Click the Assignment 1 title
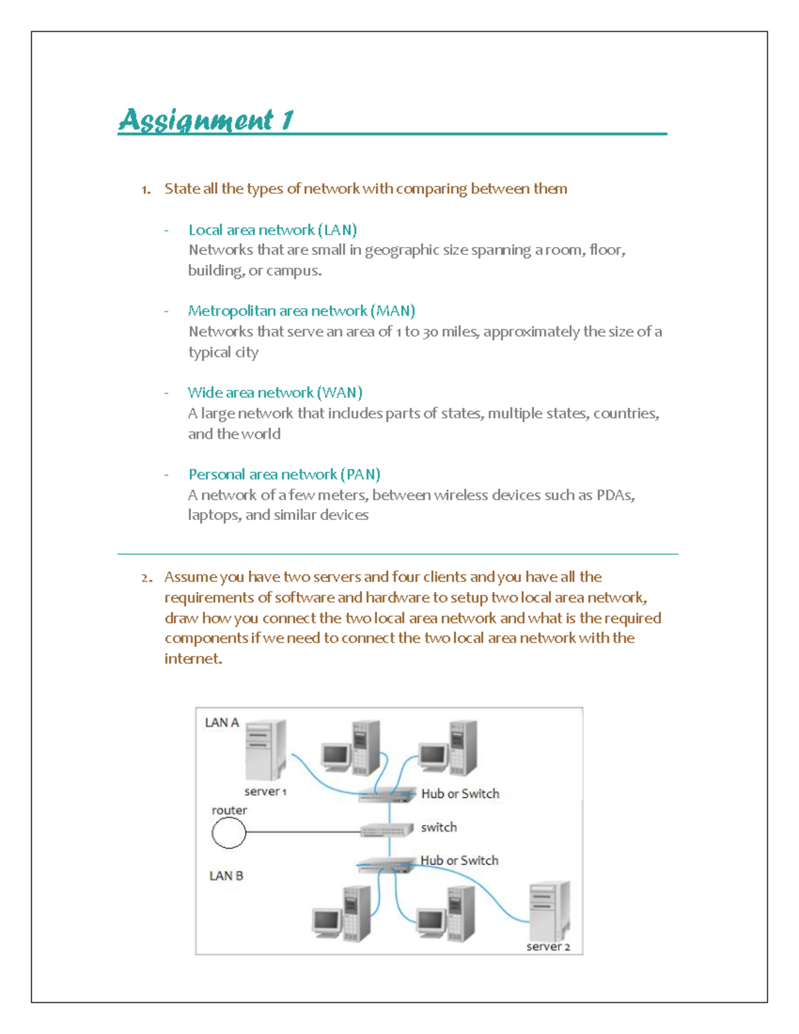(206, 120)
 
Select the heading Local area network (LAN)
(272, 230)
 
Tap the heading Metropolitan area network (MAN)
(301, 311)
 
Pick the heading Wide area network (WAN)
(274, 393)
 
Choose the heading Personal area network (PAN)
(284, 475)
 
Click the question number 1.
(145, 190)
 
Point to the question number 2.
(146, 578)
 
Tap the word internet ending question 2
(192, 659)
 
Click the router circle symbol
(228, 833)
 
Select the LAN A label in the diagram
(222, 722)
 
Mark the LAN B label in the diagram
(226, 876)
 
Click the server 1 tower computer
(266, 750)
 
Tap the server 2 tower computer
(549, 910)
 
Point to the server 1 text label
(265, 792)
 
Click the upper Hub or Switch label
(460, 794)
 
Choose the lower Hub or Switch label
(459, 860)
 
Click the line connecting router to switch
(303, 832)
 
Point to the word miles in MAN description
(459, 332)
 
